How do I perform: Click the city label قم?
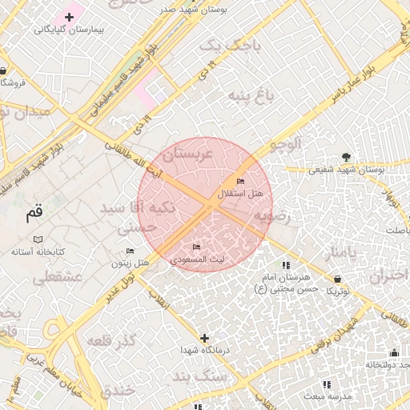pyautogui.click(x=34, y=213)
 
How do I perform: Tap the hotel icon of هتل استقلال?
pyautogui.click(x=241, y=182)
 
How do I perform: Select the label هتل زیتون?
pyautogui.click(x=131, y=263)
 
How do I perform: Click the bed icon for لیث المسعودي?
pyautogui.click(x=197, y=247)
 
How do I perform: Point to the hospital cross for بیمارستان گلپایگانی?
pyautogui.click(x=70, y=17)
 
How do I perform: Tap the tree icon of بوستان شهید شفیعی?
pyautogui.click(x=346, y=157)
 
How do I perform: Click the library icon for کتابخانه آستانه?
pyautogui.click(x=38, y=239)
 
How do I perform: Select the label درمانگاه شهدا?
pyautogui.click(x=205, y=351)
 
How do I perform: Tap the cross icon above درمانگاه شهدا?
pyautogui.click(x=205, y=338)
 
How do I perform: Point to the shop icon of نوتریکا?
pyautogui.click(x=336, y=278)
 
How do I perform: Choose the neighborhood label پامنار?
pyautogui.click(x=345, y=253)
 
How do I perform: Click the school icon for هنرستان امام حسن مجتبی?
pyautogui.click(x=285, y=265)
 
